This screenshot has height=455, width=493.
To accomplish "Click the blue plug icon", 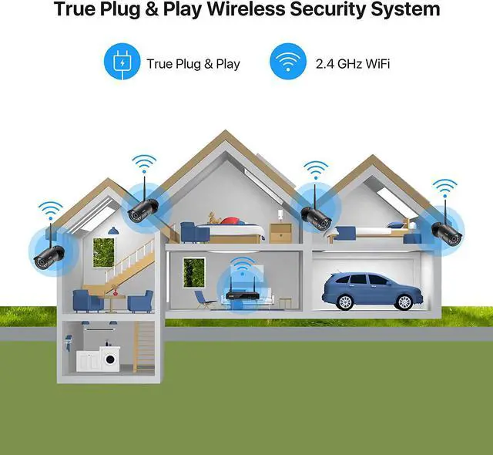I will pyautogui.click(x=121, y=62).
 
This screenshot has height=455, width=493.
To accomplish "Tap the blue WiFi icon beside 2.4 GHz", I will pyautogui.click(x=288, y=62).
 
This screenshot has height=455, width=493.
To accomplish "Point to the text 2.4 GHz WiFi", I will pyautogui.click(x=351, y=63).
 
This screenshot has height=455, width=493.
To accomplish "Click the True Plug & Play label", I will pyautogui.click(x=193, y=63).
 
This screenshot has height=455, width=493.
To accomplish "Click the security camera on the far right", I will pyautogui.click(x=446, y=230).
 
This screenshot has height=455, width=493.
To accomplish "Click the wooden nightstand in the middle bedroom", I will pyautogui.click(x=280, y=233).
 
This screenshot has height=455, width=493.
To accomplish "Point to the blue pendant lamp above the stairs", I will pyautogui.click(x=113, y=230).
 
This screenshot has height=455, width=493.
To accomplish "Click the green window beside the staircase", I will pyautogui.click(x=103, y=252).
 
